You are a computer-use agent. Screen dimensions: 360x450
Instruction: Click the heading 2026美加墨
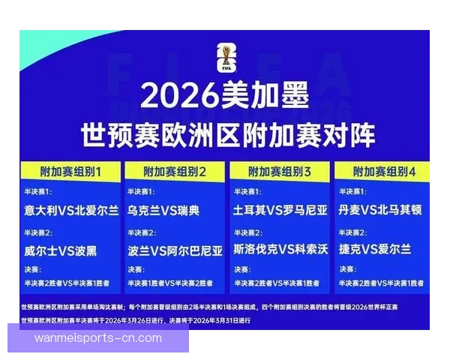coord(225,97)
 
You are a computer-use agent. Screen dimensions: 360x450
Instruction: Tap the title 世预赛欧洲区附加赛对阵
coord(225,136)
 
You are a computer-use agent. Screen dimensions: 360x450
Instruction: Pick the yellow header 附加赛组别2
coord(174,172)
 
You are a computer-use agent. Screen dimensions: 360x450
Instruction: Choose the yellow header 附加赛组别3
coord(279,172)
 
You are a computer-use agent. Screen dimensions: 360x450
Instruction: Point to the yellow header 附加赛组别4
coord(383,172)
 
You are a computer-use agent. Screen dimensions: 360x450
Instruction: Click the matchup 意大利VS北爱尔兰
coord(70,211)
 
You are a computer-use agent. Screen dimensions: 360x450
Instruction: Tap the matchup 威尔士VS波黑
coord(60,250)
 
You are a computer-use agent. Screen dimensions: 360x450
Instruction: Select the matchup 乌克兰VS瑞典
coord(163,211)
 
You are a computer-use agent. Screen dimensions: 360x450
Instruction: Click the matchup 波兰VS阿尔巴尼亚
coord(175,250)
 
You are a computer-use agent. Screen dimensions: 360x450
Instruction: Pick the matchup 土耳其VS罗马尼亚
coord(280,211)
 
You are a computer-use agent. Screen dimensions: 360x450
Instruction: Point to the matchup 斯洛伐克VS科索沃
coord(280,250)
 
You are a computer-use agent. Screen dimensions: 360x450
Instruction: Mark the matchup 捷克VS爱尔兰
coord(375,250)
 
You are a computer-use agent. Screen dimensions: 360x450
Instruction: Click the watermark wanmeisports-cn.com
coord(98,337)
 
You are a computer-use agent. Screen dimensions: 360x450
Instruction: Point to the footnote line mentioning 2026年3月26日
coord(136,320)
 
